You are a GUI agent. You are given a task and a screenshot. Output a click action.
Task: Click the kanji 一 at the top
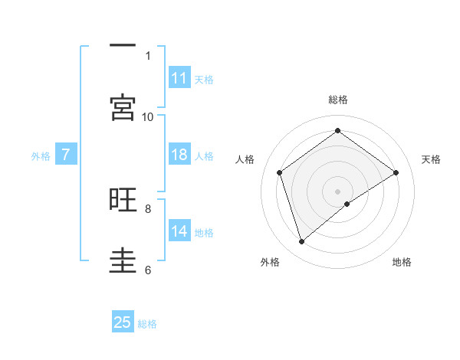pos(123,46)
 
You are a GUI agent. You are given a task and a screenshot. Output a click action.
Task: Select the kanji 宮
pos(123,107)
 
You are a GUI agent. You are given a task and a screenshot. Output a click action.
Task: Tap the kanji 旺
pos(123,200)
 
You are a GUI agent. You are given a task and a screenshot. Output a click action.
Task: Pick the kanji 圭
pos(123,261)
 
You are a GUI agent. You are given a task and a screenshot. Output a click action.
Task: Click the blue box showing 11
pos(179,78)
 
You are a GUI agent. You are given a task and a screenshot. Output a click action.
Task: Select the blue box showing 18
pos(179,155)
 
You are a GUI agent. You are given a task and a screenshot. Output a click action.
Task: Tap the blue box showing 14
pos(179,231)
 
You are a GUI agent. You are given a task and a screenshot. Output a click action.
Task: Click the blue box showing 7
pos(66,155)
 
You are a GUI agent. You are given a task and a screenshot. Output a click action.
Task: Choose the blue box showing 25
pos(123,322)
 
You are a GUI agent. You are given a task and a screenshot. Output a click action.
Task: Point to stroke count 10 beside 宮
pos(148,116)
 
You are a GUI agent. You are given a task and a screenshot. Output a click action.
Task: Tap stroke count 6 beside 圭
pos(148,270)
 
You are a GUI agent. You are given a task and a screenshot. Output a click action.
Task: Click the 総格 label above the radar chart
pos(338,100)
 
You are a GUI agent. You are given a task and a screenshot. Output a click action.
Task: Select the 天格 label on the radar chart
pos(431,159)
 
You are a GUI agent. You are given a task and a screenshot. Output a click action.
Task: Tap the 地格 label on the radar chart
pos(402,262)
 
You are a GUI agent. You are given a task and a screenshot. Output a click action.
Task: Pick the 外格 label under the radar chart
pos(270,262)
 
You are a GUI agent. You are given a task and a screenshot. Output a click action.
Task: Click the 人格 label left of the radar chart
pos(245,159)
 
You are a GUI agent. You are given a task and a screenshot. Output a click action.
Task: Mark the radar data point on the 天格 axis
pos(396,172)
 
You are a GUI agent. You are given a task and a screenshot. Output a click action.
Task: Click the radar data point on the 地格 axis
pos(347,204)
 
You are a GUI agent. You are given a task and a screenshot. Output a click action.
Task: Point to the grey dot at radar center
pos(337,191)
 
